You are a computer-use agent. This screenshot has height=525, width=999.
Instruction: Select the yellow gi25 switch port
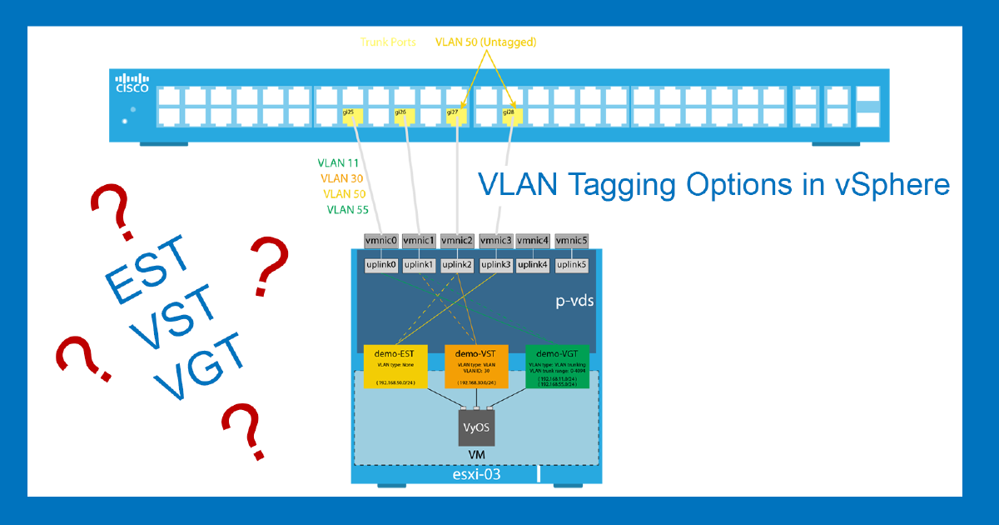click(x=349, y=113)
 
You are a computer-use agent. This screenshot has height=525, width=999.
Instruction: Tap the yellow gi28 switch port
click(x=510, y=113)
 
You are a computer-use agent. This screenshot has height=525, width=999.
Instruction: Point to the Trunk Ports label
click(x=389, y=42)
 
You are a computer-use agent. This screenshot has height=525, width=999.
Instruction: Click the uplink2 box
click(x=458, y=265)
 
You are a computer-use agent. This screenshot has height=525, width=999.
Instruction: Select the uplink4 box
click(x=534, y=265)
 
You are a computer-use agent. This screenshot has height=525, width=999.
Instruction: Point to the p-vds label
click(x=574, y=301)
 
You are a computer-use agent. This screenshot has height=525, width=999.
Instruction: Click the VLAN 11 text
click(x=339, y=163)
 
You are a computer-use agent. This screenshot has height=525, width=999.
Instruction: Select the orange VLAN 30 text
click(x=341, y=178)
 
